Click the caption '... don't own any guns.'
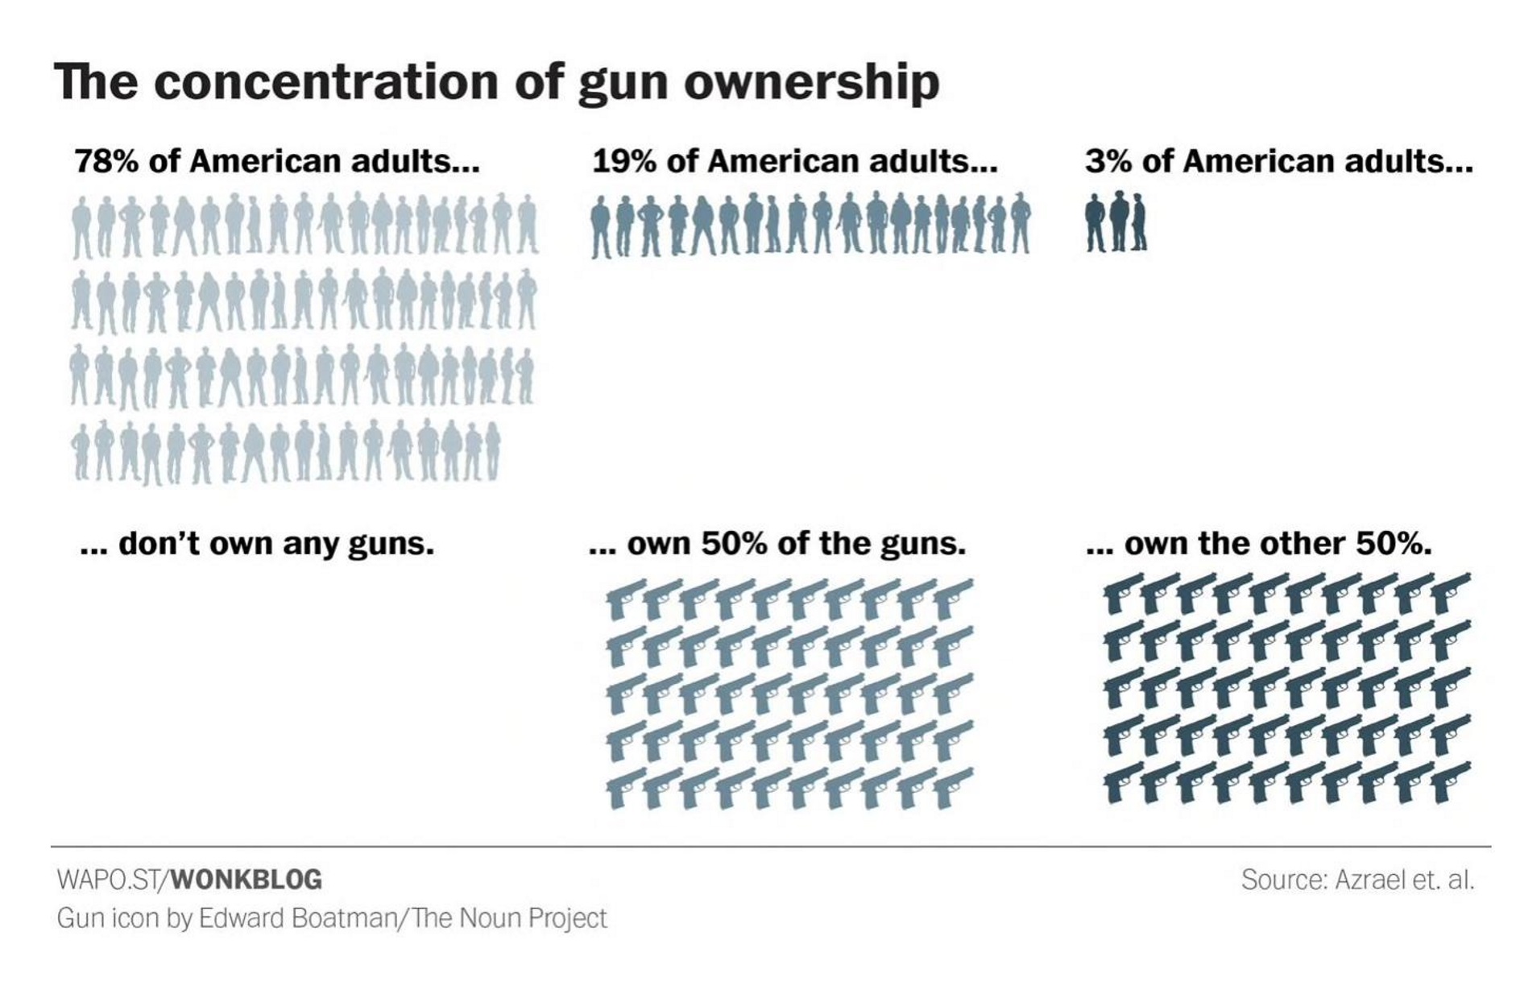point(257,544)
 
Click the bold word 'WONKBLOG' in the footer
point(247,879)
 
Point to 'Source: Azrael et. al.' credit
point(1358,879)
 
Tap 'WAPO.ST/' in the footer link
point(114,879)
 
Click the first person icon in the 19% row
point(601,226)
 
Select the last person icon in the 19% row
point(1020,223)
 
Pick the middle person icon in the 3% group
point(1118,221)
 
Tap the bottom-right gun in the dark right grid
point(1452,782)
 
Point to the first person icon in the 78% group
point(81,228)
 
